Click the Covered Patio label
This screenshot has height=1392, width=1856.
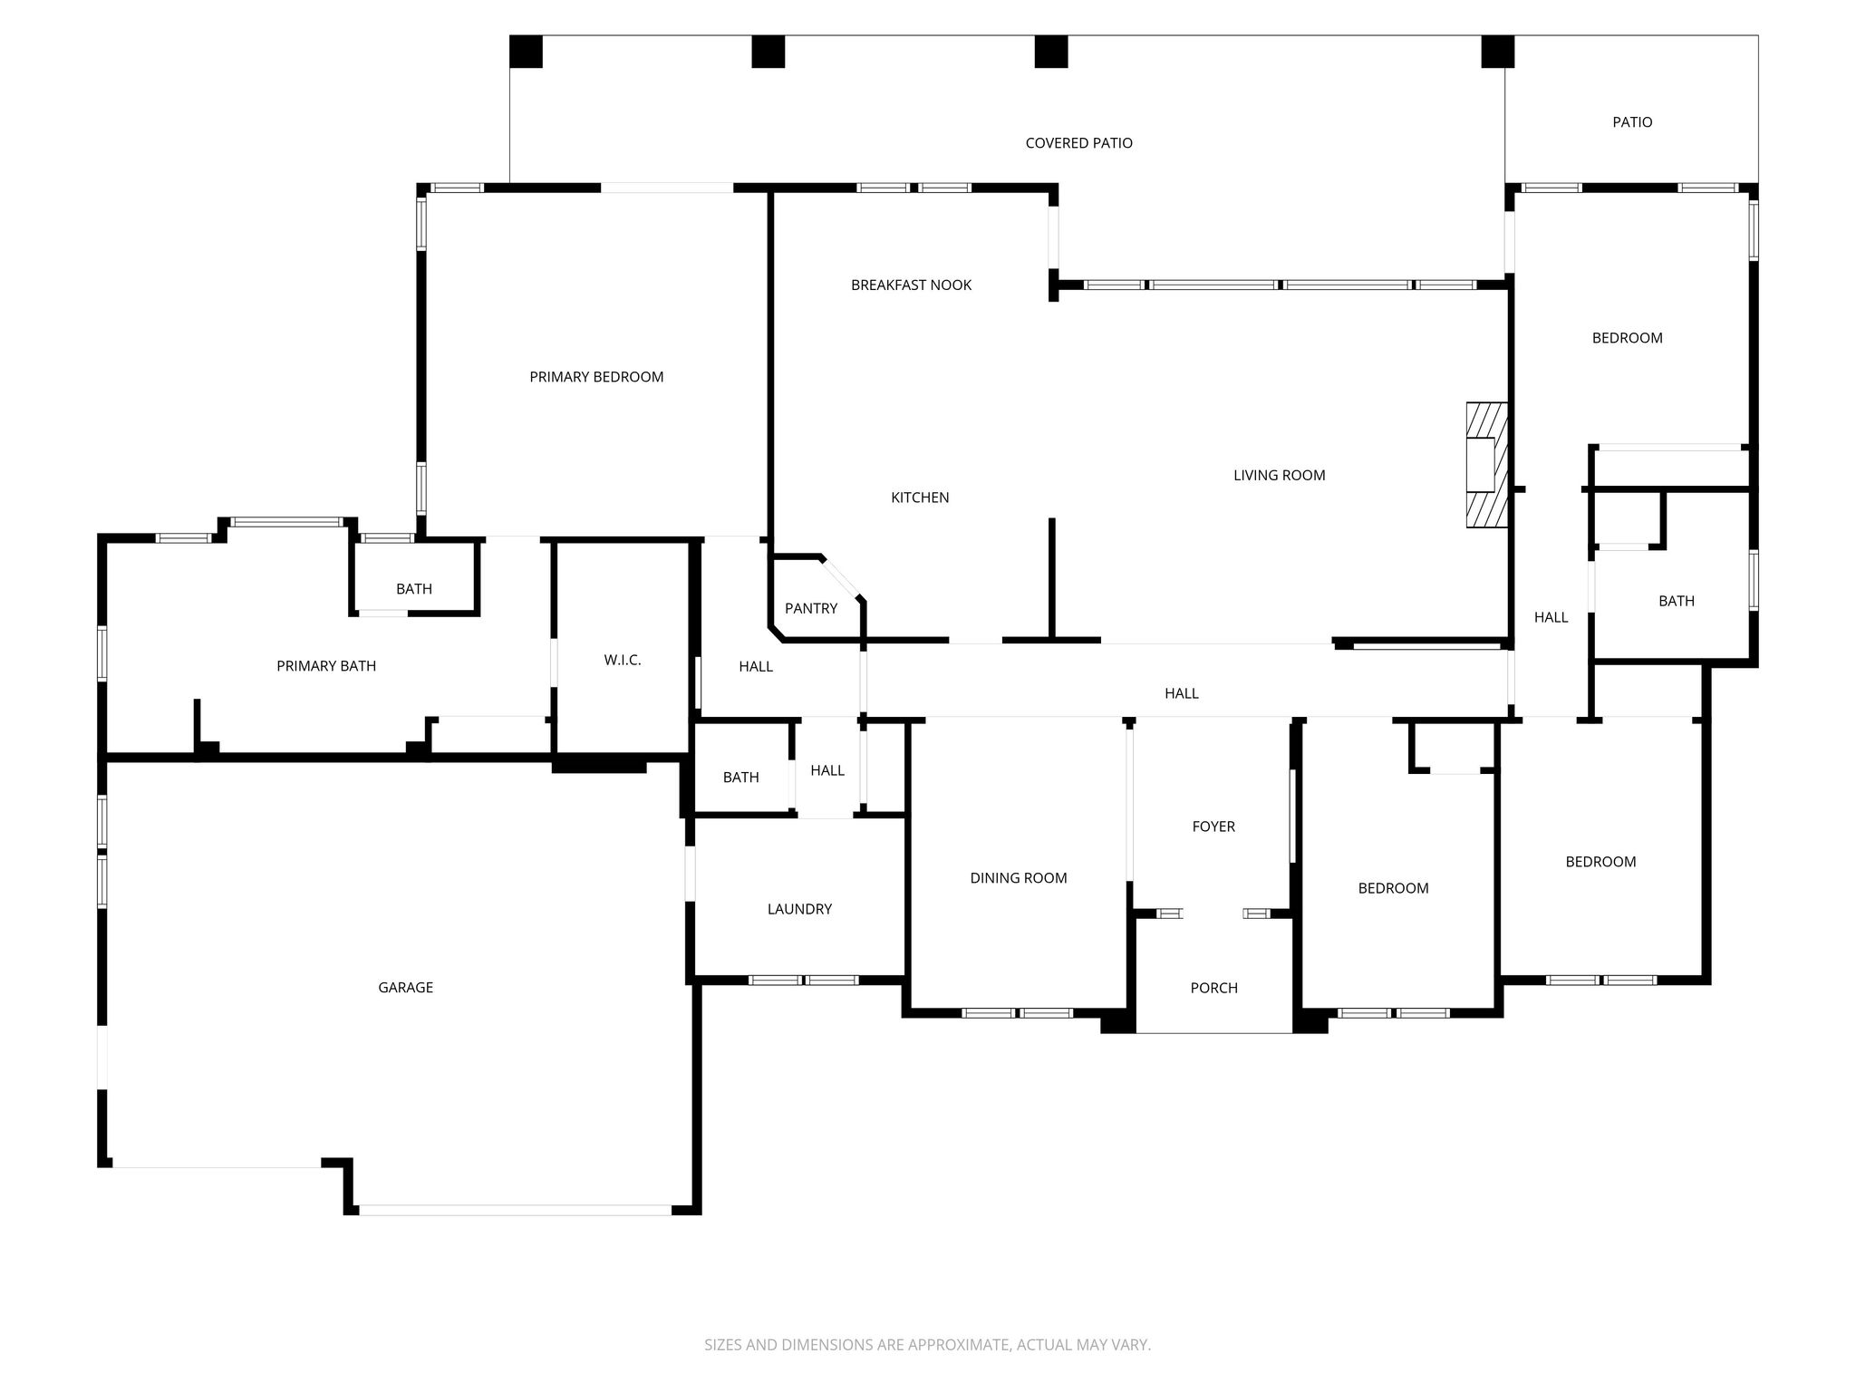coord(1078,143)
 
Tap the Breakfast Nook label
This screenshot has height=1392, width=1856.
coord(911,285)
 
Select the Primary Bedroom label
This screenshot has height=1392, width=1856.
coord(596,377)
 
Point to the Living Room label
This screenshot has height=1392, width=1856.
coord(1279,475)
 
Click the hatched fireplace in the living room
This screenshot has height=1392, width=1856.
coord(1487,465)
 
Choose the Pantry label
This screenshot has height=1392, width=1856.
coord(811,608)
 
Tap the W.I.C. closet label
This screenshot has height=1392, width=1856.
coord(623,661)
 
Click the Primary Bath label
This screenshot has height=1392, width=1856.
coord(326,666)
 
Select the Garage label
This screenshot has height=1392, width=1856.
coord(405,988)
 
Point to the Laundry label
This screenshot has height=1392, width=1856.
coord(799,909)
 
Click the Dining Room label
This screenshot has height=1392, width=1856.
coord(1019,878)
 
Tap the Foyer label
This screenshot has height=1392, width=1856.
coord(1213,826)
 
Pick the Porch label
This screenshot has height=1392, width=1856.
coord(1213,988)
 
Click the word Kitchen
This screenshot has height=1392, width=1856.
coord(920,498)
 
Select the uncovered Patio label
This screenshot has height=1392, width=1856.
coord(1632,122)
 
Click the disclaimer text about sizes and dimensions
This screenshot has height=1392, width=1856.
coord(927,1345)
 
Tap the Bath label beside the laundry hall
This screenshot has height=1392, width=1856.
coord(740,778)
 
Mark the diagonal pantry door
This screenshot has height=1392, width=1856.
coord(842,578)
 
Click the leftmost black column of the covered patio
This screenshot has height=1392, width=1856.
coord(526,52)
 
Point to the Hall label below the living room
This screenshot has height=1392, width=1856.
coord(1181,693)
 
